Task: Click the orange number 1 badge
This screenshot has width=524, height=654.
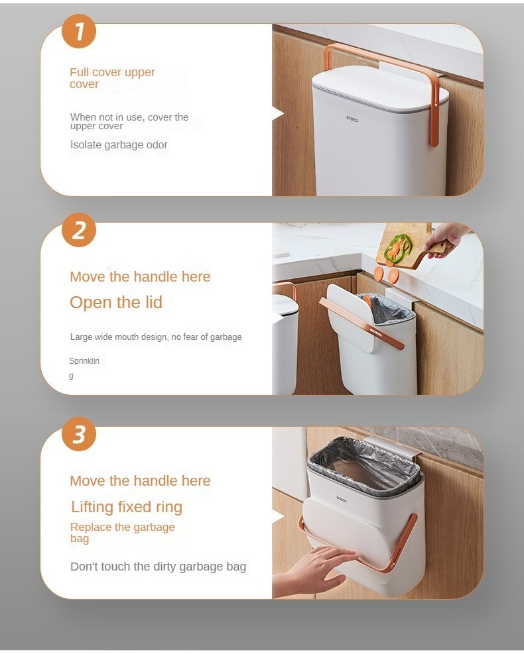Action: click(79, 31)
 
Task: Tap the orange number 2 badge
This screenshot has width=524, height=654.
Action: click(79, 230)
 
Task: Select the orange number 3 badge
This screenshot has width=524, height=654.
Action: click(79, 434)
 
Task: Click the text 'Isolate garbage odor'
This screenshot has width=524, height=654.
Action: click(119, 144)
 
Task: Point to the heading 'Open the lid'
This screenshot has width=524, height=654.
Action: click(116, 302)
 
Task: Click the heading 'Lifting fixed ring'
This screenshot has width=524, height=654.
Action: click(127, 507)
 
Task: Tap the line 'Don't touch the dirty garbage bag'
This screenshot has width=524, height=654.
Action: click(159, 567)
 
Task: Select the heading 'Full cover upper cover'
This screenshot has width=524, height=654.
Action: click(112, 78)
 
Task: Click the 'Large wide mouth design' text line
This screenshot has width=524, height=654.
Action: click(156, 337)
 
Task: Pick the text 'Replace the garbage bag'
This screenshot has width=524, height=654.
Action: click(122, 532)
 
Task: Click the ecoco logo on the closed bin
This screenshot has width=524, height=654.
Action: click(352, 119)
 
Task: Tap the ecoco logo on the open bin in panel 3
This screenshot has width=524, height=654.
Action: click(342, 498)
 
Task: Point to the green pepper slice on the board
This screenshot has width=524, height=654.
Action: click(396, 246)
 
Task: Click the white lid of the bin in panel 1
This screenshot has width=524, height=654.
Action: click(380, 89)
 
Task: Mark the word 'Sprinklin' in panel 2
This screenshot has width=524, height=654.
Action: click(84, 360)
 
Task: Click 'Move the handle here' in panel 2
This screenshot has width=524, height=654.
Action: click(140, 276)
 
